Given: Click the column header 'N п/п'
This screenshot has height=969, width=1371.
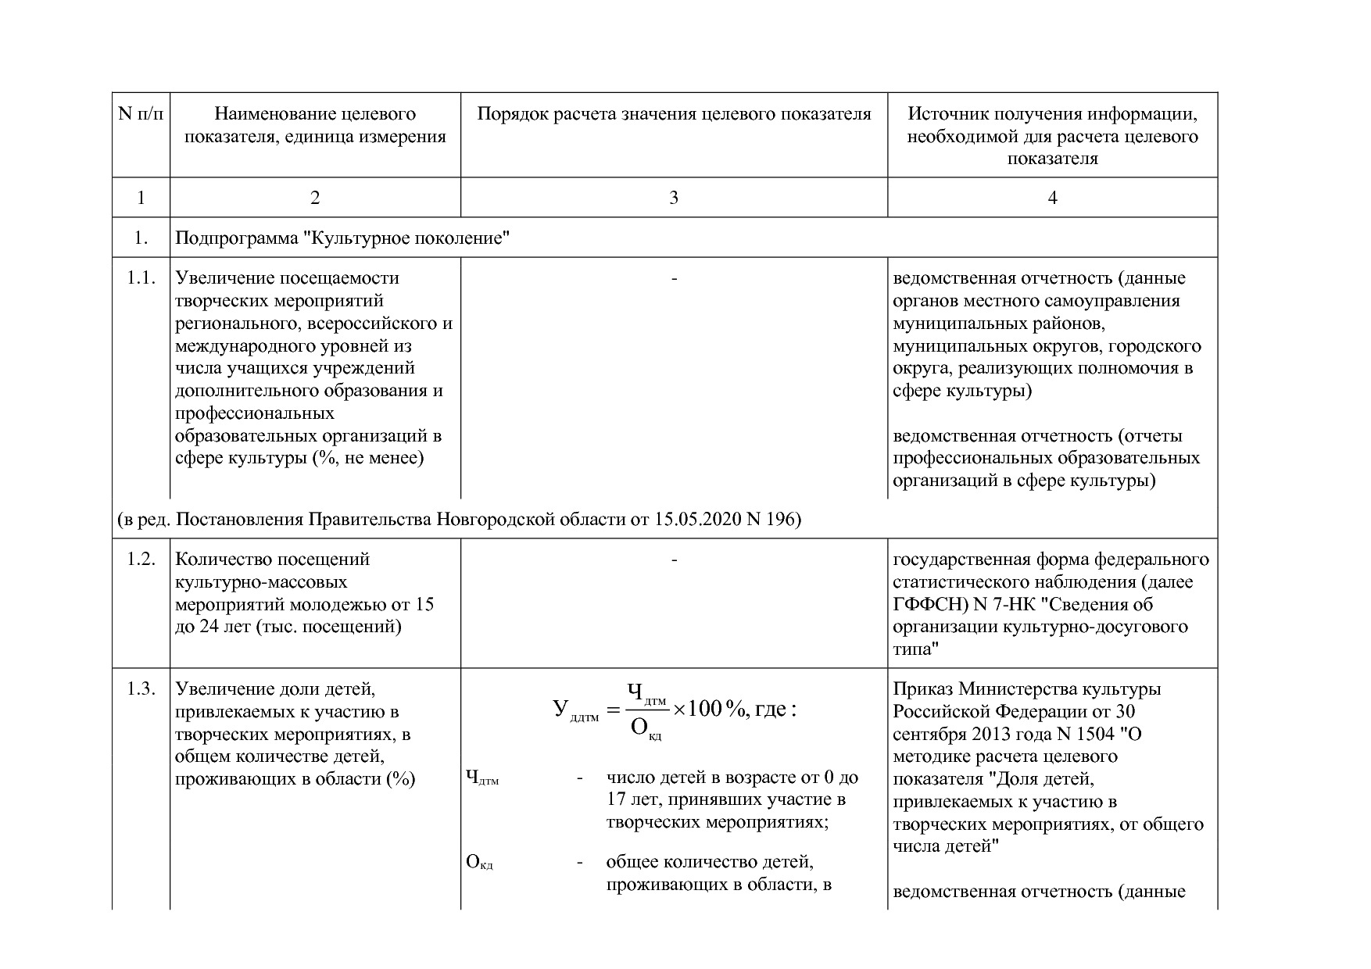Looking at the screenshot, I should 141,114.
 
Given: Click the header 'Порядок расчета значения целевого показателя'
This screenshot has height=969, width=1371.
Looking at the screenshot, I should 674,114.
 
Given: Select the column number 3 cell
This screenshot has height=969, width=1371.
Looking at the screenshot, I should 674,198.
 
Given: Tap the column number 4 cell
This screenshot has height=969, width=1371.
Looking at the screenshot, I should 1052,198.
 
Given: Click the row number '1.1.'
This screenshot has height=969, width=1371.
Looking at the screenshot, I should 141,278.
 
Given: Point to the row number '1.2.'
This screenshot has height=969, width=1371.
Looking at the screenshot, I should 141,560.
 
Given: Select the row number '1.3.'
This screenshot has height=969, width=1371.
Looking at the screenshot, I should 141,689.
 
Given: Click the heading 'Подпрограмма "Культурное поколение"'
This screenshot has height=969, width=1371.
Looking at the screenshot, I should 342,238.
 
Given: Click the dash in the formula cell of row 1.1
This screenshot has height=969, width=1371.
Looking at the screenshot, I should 674,278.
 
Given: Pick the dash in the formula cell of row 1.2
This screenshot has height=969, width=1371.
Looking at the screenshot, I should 674,560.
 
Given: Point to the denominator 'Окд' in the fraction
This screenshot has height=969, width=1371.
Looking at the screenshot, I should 645,730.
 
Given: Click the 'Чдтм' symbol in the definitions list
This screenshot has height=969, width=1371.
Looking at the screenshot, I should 481,778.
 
